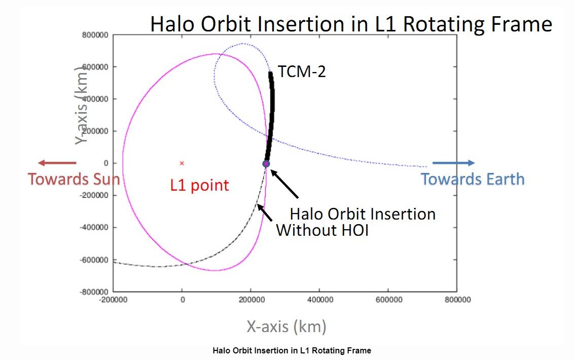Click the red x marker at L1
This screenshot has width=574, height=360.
[182, 163]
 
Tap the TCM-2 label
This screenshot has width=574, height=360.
[301, 73]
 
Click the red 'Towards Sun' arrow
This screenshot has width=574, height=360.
[57, 163]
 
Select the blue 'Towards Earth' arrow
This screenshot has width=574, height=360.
[460, 163]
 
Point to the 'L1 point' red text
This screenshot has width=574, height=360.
[199, 186]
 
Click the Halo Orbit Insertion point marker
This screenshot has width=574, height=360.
[265, 163]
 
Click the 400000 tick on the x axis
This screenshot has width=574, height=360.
[319, 300]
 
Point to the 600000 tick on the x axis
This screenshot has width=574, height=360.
[388, 300]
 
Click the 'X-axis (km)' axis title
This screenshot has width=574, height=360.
[286, 327]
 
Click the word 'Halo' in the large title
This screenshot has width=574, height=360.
[174, 24]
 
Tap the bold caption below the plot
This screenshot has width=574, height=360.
[292, 351]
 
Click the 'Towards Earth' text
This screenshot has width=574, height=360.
[473, 179]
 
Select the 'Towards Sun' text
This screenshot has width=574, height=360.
[74, 179]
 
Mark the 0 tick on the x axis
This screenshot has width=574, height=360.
[182, 300]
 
